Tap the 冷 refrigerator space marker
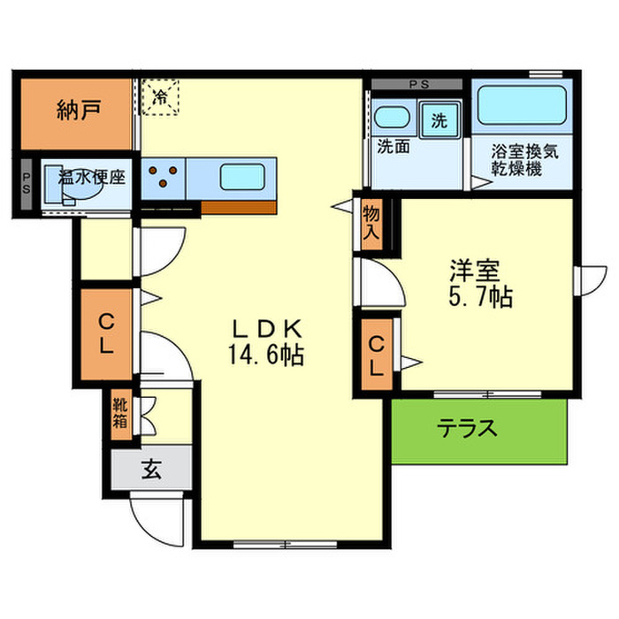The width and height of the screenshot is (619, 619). (x=161, y=95)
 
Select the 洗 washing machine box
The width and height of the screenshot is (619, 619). (x=439, y=121)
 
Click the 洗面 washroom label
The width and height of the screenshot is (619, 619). (x=393, y=147)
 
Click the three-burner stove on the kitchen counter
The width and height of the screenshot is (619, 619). (x=164, y=177)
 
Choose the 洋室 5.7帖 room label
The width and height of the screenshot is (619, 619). (x=478, y=283)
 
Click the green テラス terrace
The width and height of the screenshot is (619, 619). (x=478, y=431)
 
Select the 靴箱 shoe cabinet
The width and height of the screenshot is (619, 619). (x=120, y=415)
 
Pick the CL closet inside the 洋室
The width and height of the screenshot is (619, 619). (x=377, y=355)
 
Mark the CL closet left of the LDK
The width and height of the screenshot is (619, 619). (x=105, y=334)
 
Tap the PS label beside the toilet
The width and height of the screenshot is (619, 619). (x=26, y=185)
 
